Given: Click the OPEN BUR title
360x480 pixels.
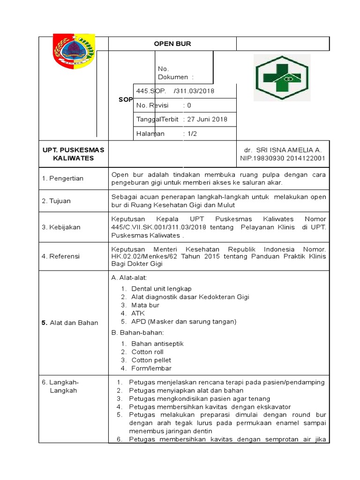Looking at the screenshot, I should point(172,44).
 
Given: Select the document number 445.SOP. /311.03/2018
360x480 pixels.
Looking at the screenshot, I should point(175,91).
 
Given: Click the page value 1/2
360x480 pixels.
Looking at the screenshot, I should point(193,134).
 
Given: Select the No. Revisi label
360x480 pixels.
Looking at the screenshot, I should point(152,105).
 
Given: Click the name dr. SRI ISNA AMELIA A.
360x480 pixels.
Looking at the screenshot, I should point(283,150).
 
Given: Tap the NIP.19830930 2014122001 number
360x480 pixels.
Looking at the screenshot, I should point(283,158).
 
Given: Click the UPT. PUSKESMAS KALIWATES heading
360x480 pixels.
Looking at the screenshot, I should point(74,154).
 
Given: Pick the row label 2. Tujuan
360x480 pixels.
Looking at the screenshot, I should point(56,201).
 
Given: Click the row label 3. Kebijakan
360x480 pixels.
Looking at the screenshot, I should point(61,227).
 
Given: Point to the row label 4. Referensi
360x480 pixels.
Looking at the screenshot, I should point(61,256).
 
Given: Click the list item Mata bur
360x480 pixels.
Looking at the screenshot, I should point(145,305).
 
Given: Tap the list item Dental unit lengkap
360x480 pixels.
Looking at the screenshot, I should point(161,289).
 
